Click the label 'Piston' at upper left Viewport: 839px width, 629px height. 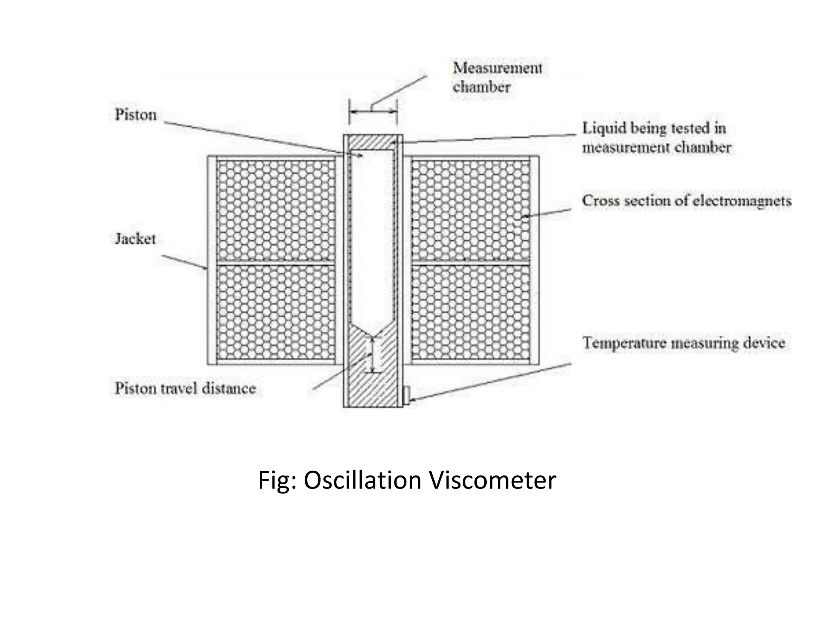136,115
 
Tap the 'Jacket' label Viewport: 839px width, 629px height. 135,239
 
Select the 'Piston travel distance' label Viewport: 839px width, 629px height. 185,388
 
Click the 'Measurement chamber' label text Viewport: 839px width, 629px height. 497,77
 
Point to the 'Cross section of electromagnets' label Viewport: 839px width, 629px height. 687,201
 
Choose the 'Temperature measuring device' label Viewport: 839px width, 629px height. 683,343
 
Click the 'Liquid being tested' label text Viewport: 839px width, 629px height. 655,138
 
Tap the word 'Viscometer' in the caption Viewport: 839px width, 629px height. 492,480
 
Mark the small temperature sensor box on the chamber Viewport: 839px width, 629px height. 406,396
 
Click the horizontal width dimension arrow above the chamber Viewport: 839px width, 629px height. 373,111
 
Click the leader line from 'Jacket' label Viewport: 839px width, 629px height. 184,262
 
